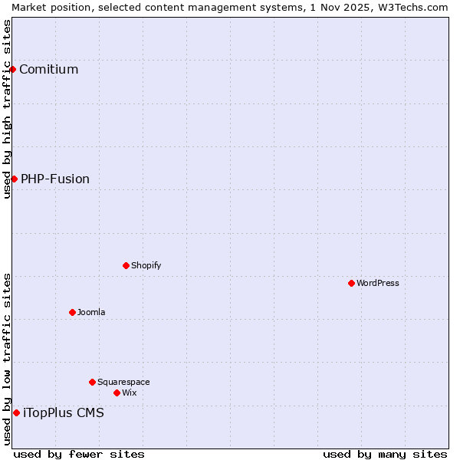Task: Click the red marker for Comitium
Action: point(12,69)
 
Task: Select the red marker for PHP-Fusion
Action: point(14,179)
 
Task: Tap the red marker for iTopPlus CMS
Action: point(16,412)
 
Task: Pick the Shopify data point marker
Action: point(126,265)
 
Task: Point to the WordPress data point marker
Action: point(351,283)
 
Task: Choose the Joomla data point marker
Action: point(72,312)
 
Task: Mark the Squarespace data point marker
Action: point(92,382)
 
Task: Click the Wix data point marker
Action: point(117,393)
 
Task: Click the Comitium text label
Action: point(48,70)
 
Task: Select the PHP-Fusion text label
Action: point(54,179)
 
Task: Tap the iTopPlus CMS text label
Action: point(64,413)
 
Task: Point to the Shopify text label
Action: point(146,266)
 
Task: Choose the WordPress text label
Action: point(378,284)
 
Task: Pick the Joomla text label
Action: point(91,313)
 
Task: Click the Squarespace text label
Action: point(123,383)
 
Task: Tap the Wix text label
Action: point(130,393)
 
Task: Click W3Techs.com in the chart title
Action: point(412,7)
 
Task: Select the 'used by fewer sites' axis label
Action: point(79,455)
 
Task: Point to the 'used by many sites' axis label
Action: point(385,455)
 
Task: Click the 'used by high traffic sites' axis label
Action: point(7,109)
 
